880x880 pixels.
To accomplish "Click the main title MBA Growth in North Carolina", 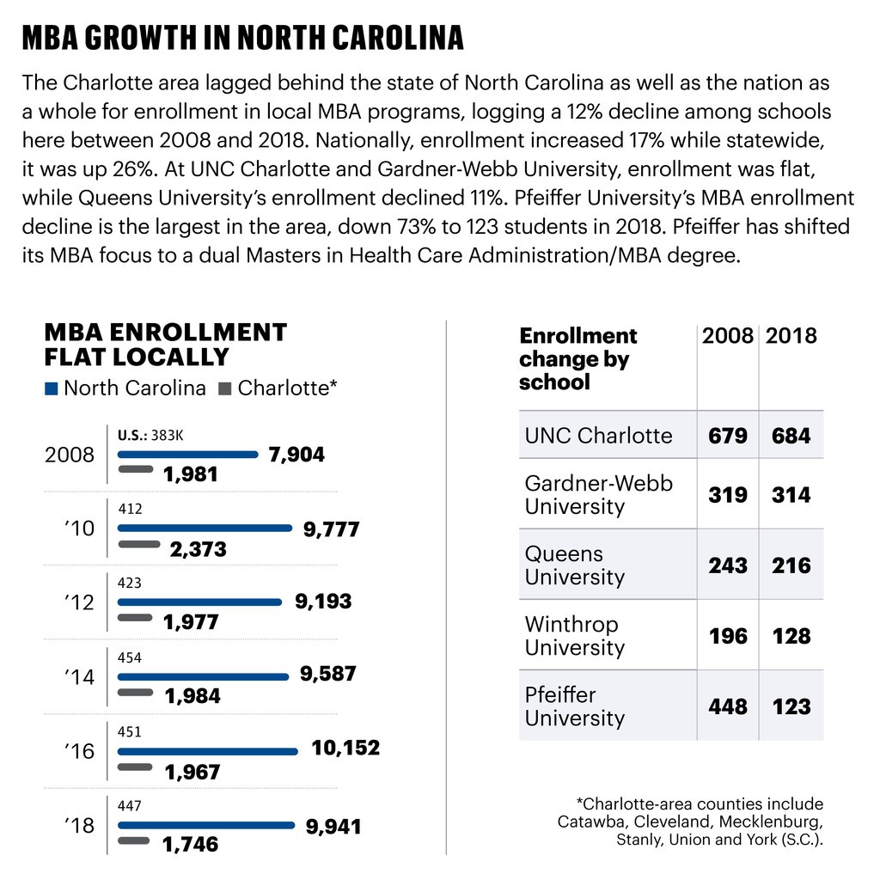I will click(x=242, y=39).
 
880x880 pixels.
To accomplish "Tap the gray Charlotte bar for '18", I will click(x=134, y=840).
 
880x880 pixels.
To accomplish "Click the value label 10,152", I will click(x=345, y=749).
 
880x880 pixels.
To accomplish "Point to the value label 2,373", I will click(x=198, y=549).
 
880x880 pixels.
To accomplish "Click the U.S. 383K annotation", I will click(x=150, y=436).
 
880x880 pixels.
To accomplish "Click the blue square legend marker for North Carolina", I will click(x=51, y=388).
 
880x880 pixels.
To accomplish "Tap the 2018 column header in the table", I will click(x=791, y=336).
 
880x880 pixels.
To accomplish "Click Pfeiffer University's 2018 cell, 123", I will click(x=791, y=706).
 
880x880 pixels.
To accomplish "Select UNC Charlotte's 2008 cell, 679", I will click(x=727, y=436).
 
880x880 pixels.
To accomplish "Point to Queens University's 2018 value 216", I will click(x=791, y=565).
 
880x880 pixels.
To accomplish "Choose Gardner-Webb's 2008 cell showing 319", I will click(x=727, y=495).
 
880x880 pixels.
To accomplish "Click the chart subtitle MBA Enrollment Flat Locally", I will click(x=165, y=345).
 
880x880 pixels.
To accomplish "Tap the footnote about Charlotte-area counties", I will click(x=690, y=822).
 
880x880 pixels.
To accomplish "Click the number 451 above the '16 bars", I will click(x=130, y=731).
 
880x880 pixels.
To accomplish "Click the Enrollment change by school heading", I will click(x=577, y=359).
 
